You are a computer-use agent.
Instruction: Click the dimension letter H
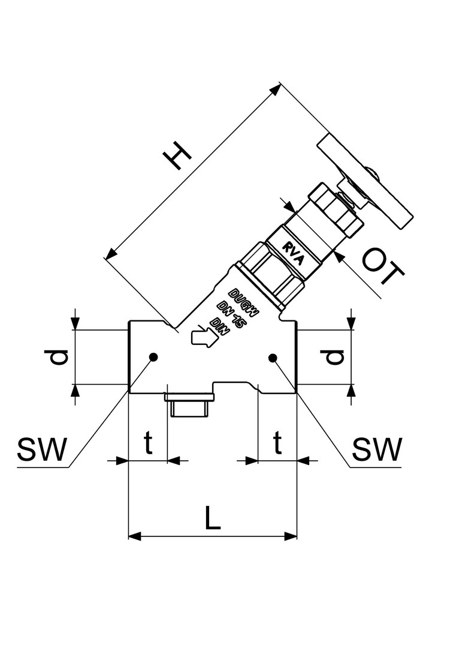pos(177,155)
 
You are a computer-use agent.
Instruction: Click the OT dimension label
pos(383,268)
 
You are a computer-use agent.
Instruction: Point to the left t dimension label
pos(148,442)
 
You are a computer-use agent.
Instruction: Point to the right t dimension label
pos(277,442)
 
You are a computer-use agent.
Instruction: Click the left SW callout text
pos(42,449)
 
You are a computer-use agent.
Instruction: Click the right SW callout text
pos(377,449)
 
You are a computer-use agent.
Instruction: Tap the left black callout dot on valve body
pos(153,357)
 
